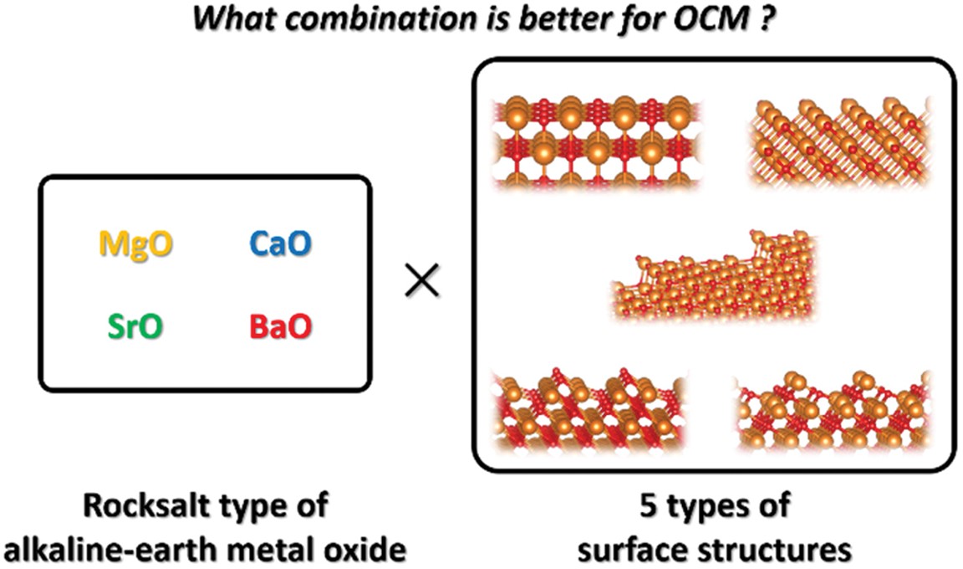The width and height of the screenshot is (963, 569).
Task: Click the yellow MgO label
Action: coord(131,244)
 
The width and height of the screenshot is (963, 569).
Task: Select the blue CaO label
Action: coord(273,244)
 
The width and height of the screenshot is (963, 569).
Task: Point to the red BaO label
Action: coord(278,326)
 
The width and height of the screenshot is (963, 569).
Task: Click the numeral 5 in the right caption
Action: coord(638,506)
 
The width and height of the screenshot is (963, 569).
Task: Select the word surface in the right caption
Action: coord(639,550)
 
